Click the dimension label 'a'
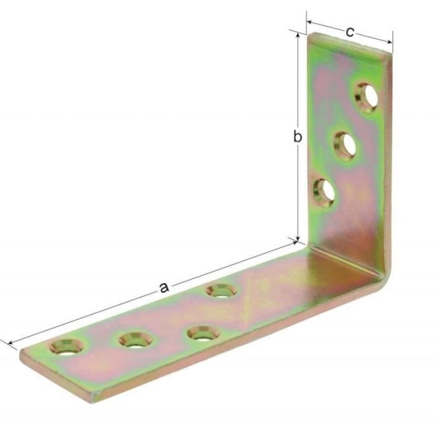(164, 287)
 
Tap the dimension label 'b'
(298, 136)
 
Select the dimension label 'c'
(350, 32)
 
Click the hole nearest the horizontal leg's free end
(66, 346)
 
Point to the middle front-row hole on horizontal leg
(135, 339)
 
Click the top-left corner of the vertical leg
(310, 34)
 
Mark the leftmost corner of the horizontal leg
(21, 357)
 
